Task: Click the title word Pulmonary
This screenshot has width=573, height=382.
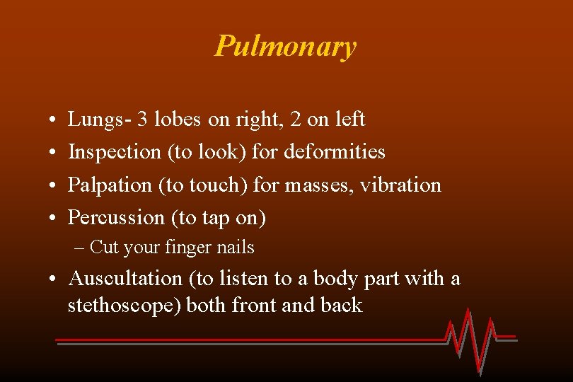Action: (286, 47)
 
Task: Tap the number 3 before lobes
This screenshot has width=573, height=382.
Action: (143, 120)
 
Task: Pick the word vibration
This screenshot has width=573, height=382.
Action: (400, 185)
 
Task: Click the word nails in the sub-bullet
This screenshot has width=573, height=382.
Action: (237, 248)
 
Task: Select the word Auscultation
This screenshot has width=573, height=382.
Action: (125, 279)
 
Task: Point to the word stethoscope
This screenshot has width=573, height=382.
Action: (125, 306)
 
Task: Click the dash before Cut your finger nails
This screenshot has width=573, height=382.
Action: (79, 248)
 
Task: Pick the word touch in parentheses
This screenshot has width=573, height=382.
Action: (209, 185)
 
